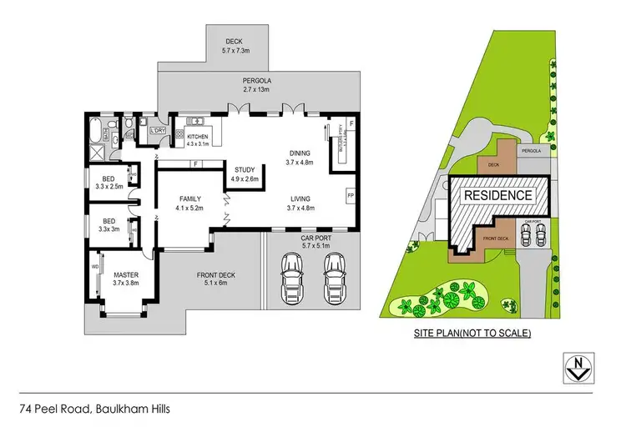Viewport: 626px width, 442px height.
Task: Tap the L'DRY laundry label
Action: pyautogui.click(x=156, y=130)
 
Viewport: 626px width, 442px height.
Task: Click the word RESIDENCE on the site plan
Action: pyautogui.click(x=497, y=195)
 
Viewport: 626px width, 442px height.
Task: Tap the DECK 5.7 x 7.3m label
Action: pyautogui.click(x=235, y=46)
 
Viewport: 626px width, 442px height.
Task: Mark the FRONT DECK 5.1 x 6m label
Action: pyautogui.click(x=217, y=279)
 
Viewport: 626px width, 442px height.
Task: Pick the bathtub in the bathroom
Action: pyautogui.click(x=93, y=131)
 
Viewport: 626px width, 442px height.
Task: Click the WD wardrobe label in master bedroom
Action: pyautogui.click(x=94, y=268)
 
